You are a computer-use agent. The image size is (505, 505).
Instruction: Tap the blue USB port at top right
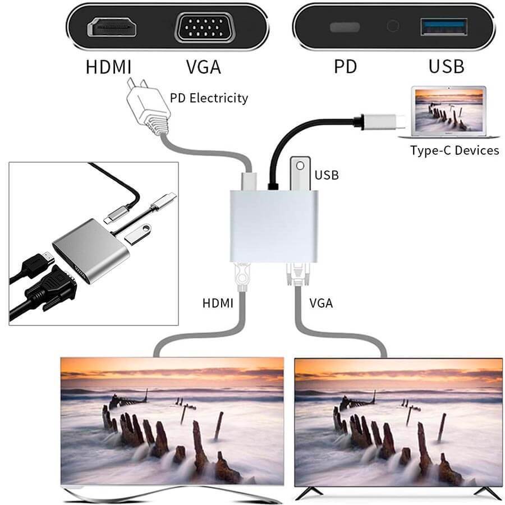point(443,27)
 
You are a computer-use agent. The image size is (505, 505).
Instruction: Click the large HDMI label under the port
point(108,67)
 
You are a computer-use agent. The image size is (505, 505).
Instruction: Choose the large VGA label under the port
point(203,67)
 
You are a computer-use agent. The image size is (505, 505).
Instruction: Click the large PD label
point(345,67)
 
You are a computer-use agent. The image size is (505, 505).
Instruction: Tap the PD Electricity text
point(209,98)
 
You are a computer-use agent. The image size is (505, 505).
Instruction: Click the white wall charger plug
point(146,107)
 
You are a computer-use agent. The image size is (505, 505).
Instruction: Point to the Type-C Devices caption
point(454,150)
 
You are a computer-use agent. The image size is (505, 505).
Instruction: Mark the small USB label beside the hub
point(327,175)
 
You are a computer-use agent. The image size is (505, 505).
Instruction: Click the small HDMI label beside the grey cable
point(218,304)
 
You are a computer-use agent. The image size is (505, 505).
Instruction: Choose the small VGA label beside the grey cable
point(321,304)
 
